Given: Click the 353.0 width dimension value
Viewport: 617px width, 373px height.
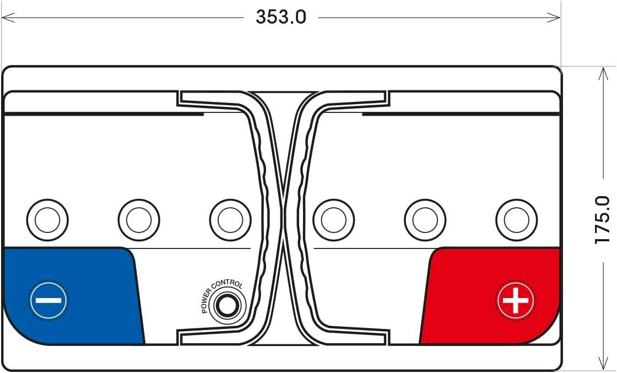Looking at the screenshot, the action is coord(280,17).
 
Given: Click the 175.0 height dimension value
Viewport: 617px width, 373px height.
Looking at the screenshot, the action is coord(603,219).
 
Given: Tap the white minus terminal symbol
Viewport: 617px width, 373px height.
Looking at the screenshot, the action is coord(48,301).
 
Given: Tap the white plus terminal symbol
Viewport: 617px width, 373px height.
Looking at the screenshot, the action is coord(516,301).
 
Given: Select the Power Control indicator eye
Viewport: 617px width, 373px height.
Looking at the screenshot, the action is coord(227,306).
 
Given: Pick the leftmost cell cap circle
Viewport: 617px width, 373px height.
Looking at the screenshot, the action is coord(47,220).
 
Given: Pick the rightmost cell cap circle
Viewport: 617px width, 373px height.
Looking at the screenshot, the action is coord(517,220).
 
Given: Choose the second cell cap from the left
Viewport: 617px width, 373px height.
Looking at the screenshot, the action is coord(139,220).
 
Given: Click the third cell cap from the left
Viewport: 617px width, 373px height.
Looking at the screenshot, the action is coord(230,220).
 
